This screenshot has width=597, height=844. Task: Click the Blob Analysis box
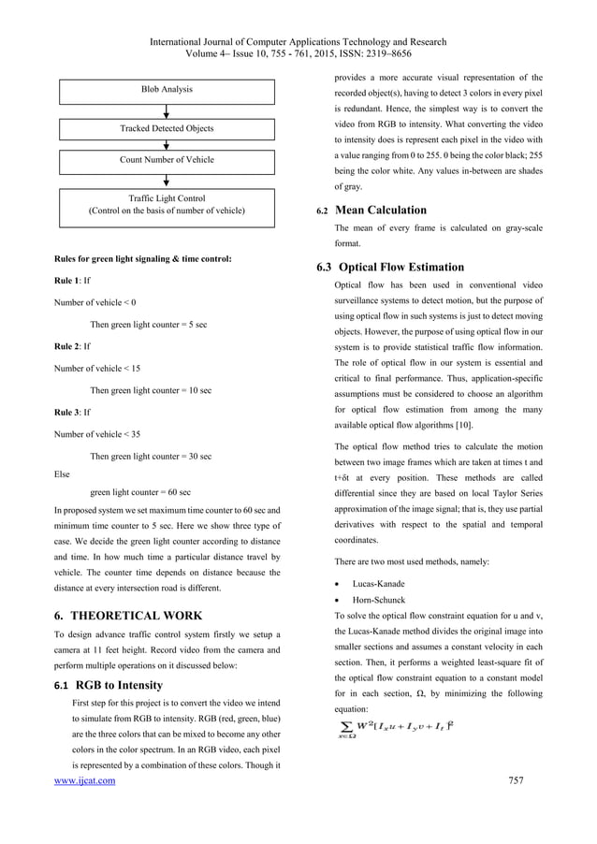167,90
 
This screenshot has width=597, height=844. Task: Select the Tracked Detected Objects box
167,128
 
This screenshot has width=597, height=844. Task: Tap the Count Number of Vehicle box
167,160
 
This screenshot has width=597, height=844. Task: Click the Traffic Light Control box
167,205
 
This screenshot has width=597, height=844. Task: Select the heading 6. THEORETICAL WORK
128,616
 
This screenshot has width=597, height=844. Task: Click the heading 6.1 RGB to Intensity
109,685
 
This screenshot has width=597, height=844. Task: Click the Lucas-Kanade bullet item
378,582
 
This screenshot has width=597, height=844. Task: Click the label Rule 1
68,280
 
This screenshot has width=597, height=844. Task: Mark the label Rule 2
68,346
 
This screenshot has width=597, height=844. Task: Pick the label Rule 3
68,412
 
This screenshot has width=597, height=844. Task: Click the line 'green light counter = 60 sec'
140,491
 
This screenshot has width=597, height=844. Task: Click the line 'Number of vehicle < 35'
96,434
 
